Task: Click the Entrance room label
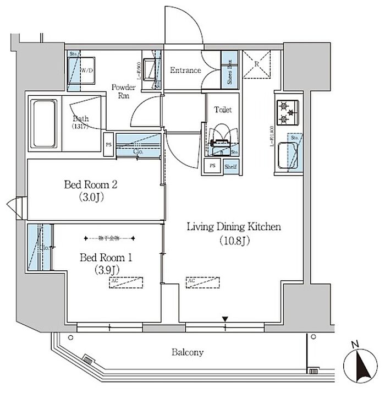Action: pyautogui.click(x=185, y=70)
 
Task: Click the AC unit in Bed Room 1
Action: pyautogui.click(x=125, y=282)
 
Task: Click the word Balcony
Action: pyautogui.click(x=187, y=352)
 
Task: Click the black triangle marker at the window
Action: pyautogui.click(x=225, y=319)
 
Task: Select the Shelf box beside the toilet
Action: pyautogui.click(x=230, y=166)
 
